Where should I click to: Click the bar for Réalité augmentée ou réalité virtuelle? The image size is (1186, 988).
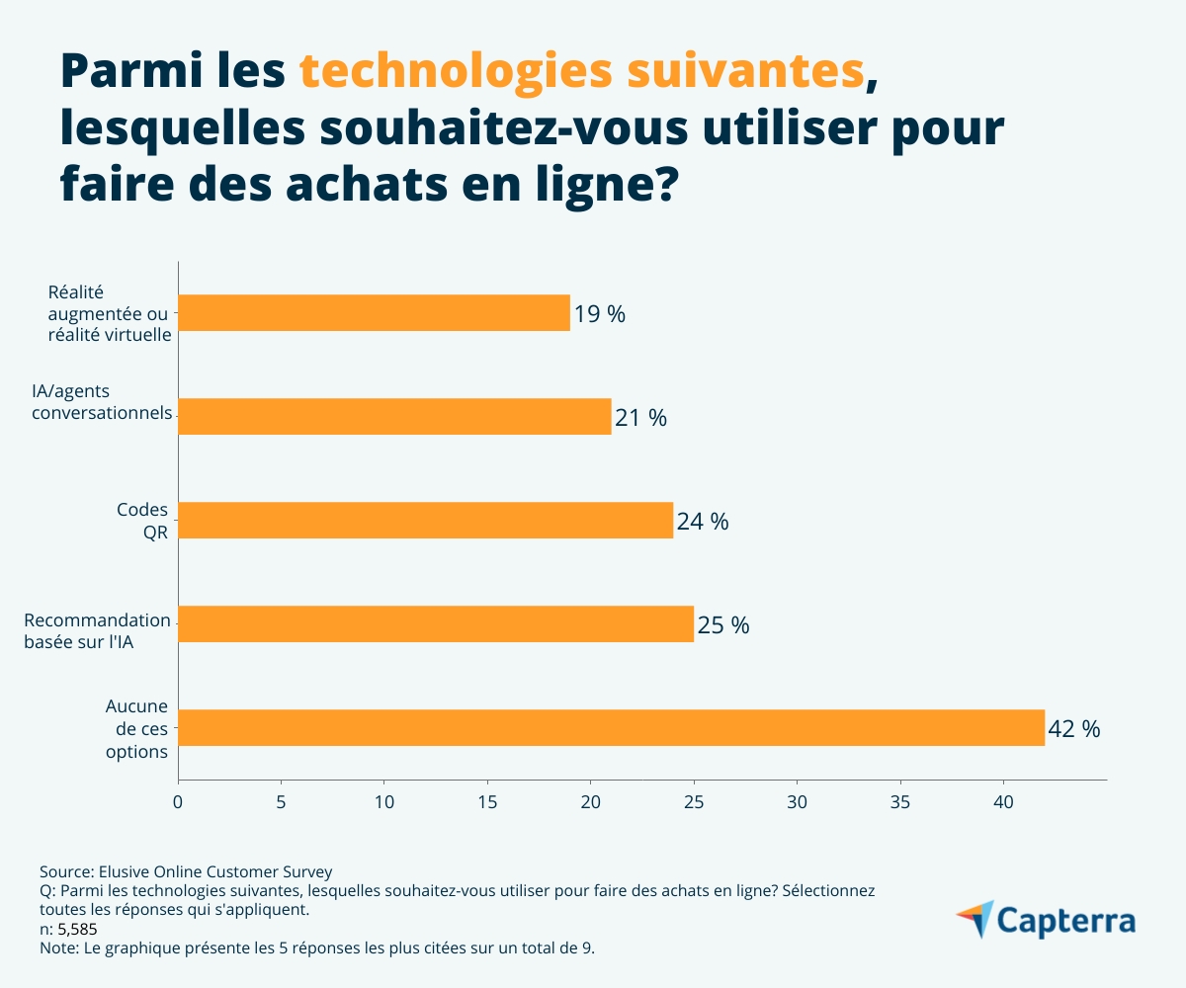coord(374,313)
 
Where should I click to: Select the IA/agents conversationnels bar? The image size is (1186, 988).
coord(394,417)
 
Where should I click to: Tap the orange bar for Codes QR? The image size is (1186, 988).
coord(425,521)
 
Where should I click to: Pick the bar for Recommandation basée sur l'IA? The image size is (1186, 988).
coord(436,624)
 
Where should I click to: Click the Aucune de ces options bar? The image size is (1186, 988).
coord(611,728)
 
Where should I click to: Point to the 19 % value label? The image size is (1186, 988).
coord(600,314)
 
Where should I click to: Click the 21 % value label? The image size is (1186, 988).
coord(640,418)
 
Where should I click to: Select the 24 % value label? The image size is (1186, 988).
coord(703,522)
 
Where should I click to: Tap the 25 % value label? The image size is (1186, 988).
coord(723,625)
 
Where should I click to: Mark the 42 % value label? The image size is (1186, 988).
coord(1074,729)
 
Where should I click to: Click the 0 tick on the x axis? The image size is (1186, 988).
coord(178,801)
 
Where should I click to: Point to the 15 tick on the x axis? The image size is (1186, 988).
coord(487,801)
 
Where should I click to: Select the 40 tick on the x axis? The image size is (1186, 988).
coord(1003,801)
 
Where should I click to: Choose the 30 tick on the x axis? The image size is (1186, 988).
coord(797,801)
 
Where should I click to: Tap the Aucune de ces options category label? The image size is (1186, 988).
coord(136,728)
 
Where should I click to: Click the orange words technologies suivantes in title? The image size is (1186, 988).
coord(581,71)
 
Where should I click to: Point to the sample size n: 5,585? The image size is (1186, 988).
coord(68,929)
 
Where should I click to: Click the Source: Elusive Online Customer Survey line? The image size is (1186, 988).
coord(186,871)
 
